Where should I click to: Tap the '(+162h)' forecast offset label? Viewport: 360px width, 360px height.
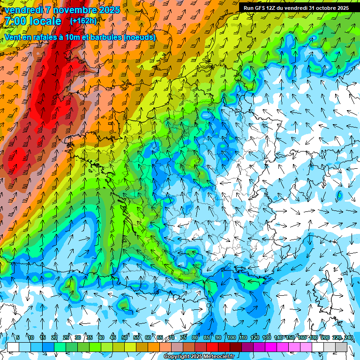(83, 21)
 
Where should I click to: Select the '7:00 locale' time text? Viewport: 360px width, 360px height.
(32, 21)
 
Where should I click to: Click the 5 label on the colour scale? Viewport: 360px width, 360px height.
(17, 337)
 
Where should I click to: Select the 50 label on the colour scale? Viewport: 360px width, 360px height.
(125, 337)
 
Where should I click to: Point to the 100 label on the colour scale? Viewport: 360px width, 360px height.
(231, 337)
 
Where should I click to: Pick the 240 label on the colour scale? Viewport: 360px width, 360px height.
(349, 337)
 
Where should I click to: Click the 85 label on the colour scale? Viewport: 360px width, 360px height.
(207, 337)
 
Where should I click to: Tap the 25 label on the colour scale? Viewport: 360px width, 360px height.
(66, 337)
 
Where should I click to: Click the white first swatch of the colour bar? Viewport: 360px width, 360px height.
(13, 347)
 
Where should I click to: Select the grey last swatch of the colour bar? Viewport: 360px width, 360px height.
(341, 347)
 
